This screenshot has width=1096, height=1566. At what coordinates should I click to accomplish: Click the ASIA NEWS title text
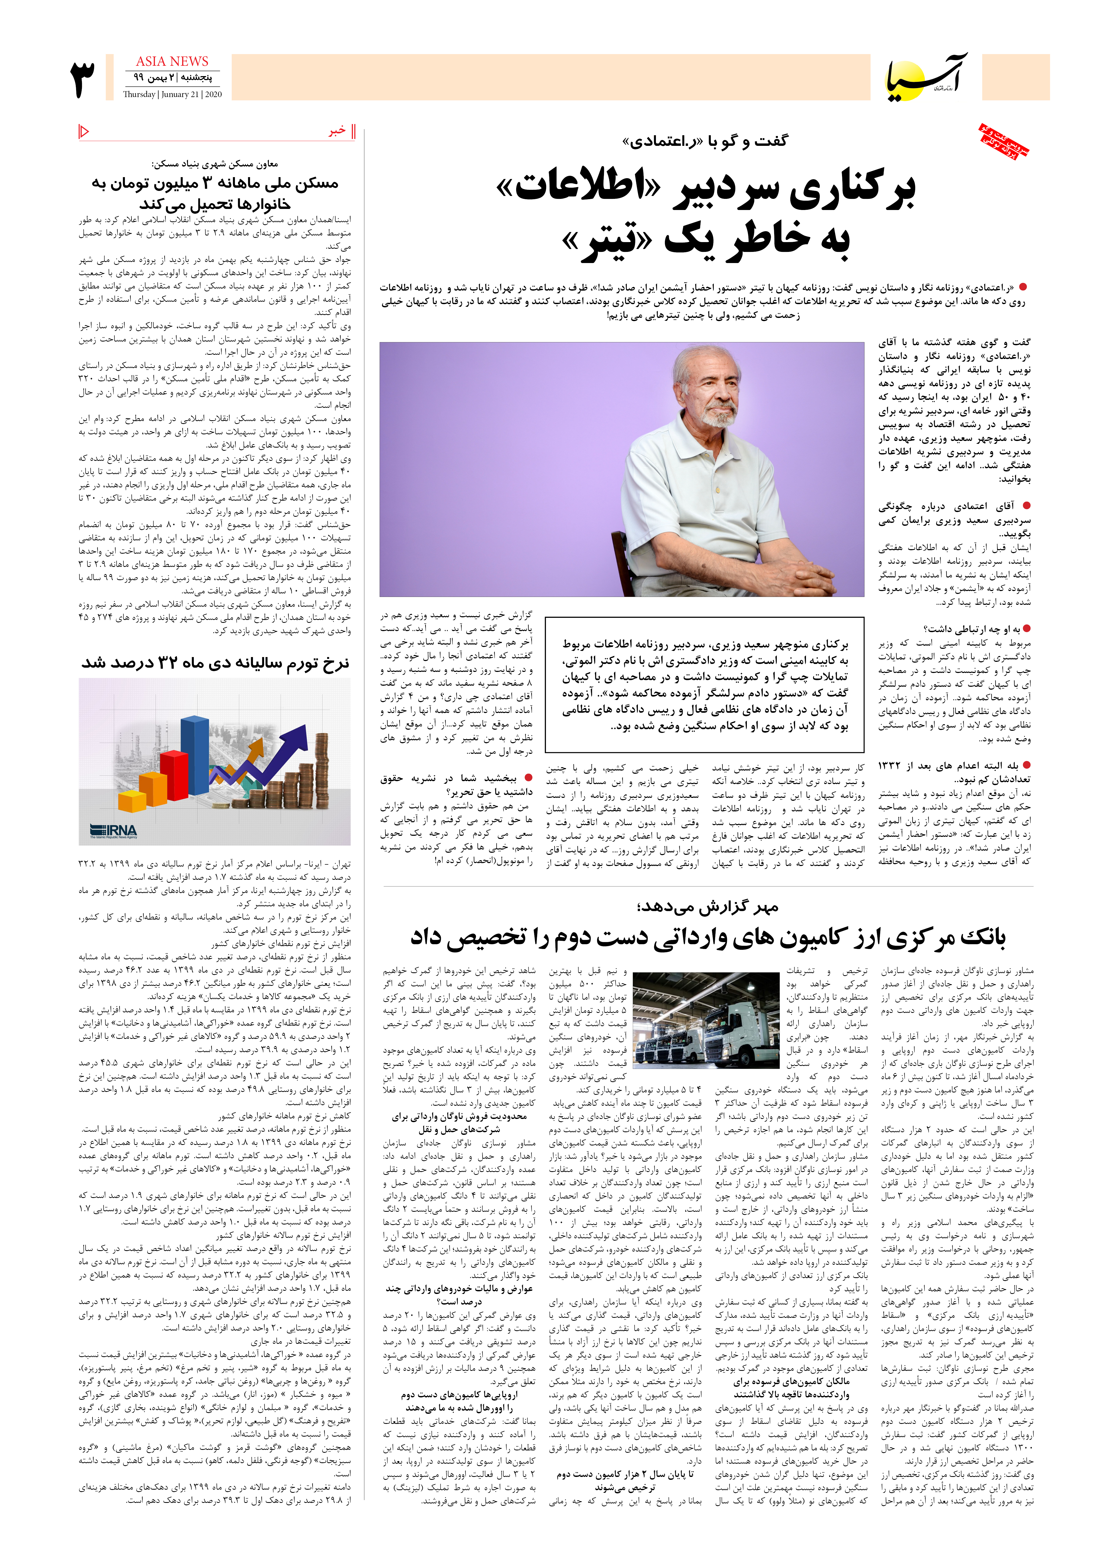pyautogui.click(x=172, y=62)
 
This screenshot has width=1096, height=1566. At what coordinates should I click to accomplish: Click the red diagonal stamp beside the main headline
pyautogui.click(x=1004, y=142)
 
